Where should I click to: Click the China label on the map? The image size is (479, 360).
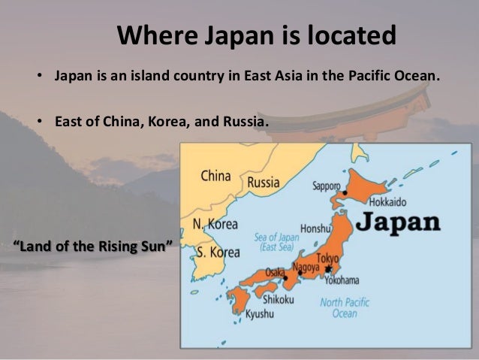click(216, 177)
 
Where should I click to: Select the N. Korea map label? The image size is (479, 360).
click(215, 225)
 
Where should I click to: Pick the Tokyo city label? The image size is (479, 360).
click(328, 260)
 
